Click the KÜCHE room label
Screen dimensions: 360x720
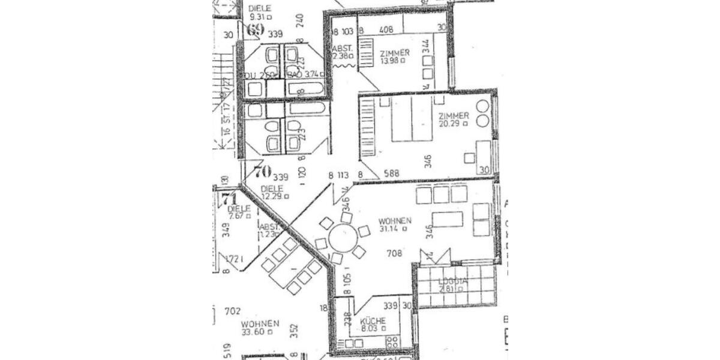pos(373,321)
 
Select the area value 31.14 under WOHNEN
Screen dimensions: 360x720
pos(393,229)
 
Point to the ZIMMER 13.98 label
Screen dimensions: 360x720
pos(395,53)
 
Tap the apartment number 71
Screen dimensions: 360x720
pos(228,198)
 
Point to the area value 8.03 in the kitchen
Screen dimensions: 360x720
pos(371,329)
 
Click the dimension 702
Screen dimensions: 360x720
pos(232,311)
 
